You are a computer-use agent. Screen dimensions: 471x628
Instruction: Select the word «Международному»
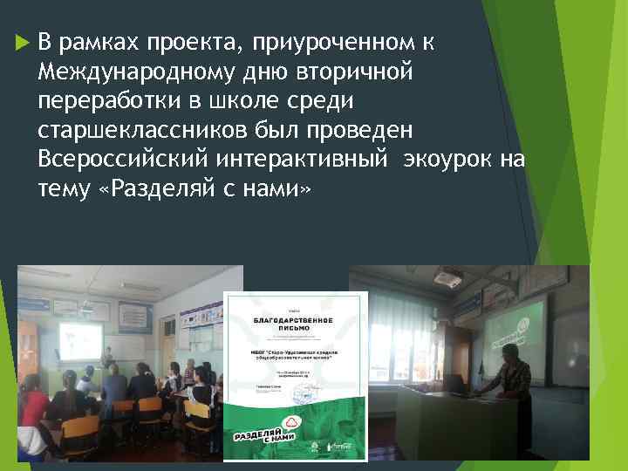tap(130, 72)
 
